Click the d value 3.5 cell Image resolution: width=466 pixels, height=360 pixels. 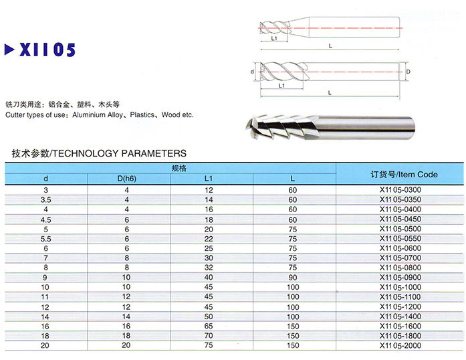pyautogui.click(x=45, y=200)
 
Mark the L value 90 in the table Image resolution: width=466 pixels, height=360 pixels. pyautogui.click(x=292, y=276)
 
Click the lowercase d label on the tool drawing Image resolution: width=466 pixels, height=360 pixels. pyautogui.click(x=252, y=70)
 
